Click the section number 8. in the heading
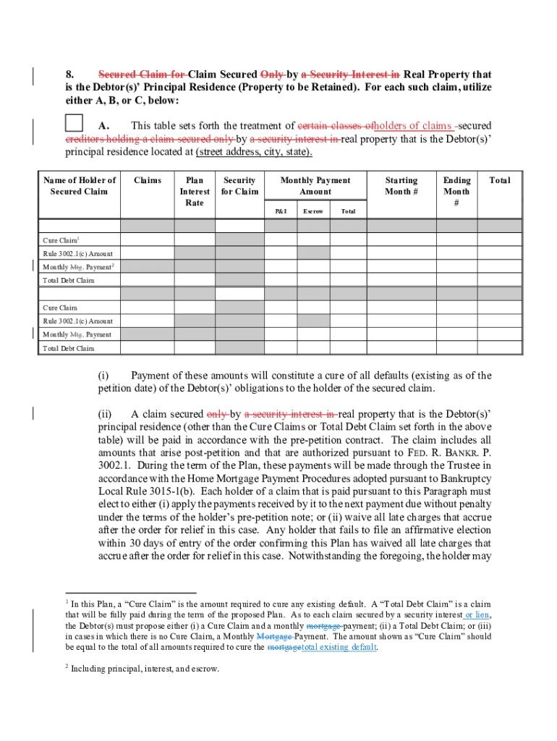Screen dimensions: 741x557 click(x=71, y=75)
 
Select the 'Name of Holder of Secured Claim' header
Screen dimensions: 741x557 click(x=79, y=186)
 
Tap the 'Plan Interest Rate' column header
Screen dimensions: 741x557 click(x=195, y=191)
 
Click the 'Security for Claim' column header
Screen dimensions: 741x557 click(x=239, y=186)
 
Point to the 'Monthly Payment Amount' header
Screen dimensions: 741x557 click(x=315, y=186)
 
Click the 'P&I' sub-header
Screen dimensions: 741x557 click(x=280, y=211)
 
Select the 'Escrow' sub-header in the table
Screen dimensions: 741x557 click(x=313, y=211)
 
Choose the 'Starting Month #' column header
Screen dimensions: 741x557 click(x=401, y=186)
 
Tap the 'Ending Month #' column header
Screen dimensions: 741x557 click(x=456, y=191)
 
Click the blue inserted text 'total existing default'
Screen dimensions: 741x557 click(x=339, y=647)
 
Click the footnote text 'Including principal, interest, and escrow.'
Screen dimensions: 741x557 click(x=145, y=669)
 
